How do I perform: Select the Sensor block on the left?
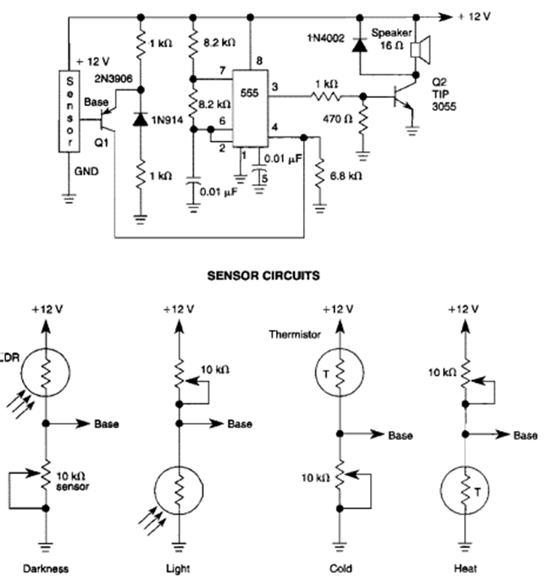pyautogui.click(x=69, y=111)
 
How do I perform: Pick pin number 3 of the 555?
pyautogui.click(x=274, y=87)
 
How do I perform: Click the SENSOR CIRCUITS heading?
pyautogui.click(x=263, y=275)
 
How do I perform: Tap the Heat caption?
pyautogui.click(x=469, y=569)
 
